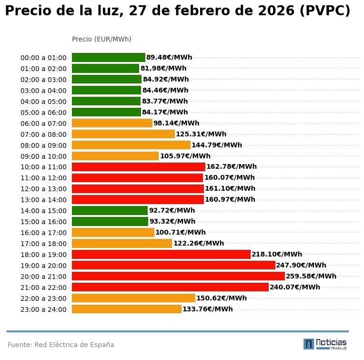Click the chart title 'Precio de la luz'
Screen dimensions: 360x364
click(177, 11)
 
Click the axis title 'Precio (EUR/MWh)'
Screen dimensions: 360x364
click(101, 39)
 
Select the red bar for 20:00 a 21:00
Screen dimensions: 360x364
click(178, 276)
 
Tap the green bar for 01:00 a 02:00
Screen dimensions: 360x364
click(105, 69)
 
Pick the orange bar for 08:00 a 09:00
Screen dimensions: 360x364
click(131, 145)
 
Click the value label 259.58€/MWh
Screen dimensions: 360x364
click(311, 276)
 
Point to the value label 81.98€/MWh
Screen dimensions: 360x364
click(163, 69)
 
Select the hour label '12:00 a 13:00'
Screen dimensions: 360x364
click(43, 189)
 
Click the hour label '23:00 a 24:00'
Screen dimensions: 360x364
click(43, 309)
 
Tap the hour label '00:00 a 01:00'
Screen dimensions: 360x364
click(43, 58)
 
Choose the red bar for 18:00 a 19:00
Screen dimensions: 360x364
click(161, 254)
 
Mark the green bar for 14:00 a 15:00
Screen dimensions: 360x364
click(110, 210)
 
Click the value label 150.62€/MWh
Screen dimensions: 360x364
click(221, 298)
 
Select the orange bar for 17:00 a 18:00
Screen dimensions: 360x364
click(122, 243)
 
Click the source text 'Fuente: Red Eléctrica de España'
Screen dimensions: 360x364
click(61, 345)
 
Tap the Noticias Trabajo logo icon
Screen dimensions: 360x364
click(309, 344)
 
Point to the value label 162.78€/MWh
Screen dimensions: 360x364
click(231, 167)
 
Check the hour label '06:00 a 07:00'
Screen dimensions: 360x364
click(43, 123)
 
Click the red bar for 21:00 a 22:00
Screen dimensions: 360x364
click(170, 287)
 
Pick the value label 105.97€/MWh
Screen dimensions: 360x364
click(185, 156)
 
